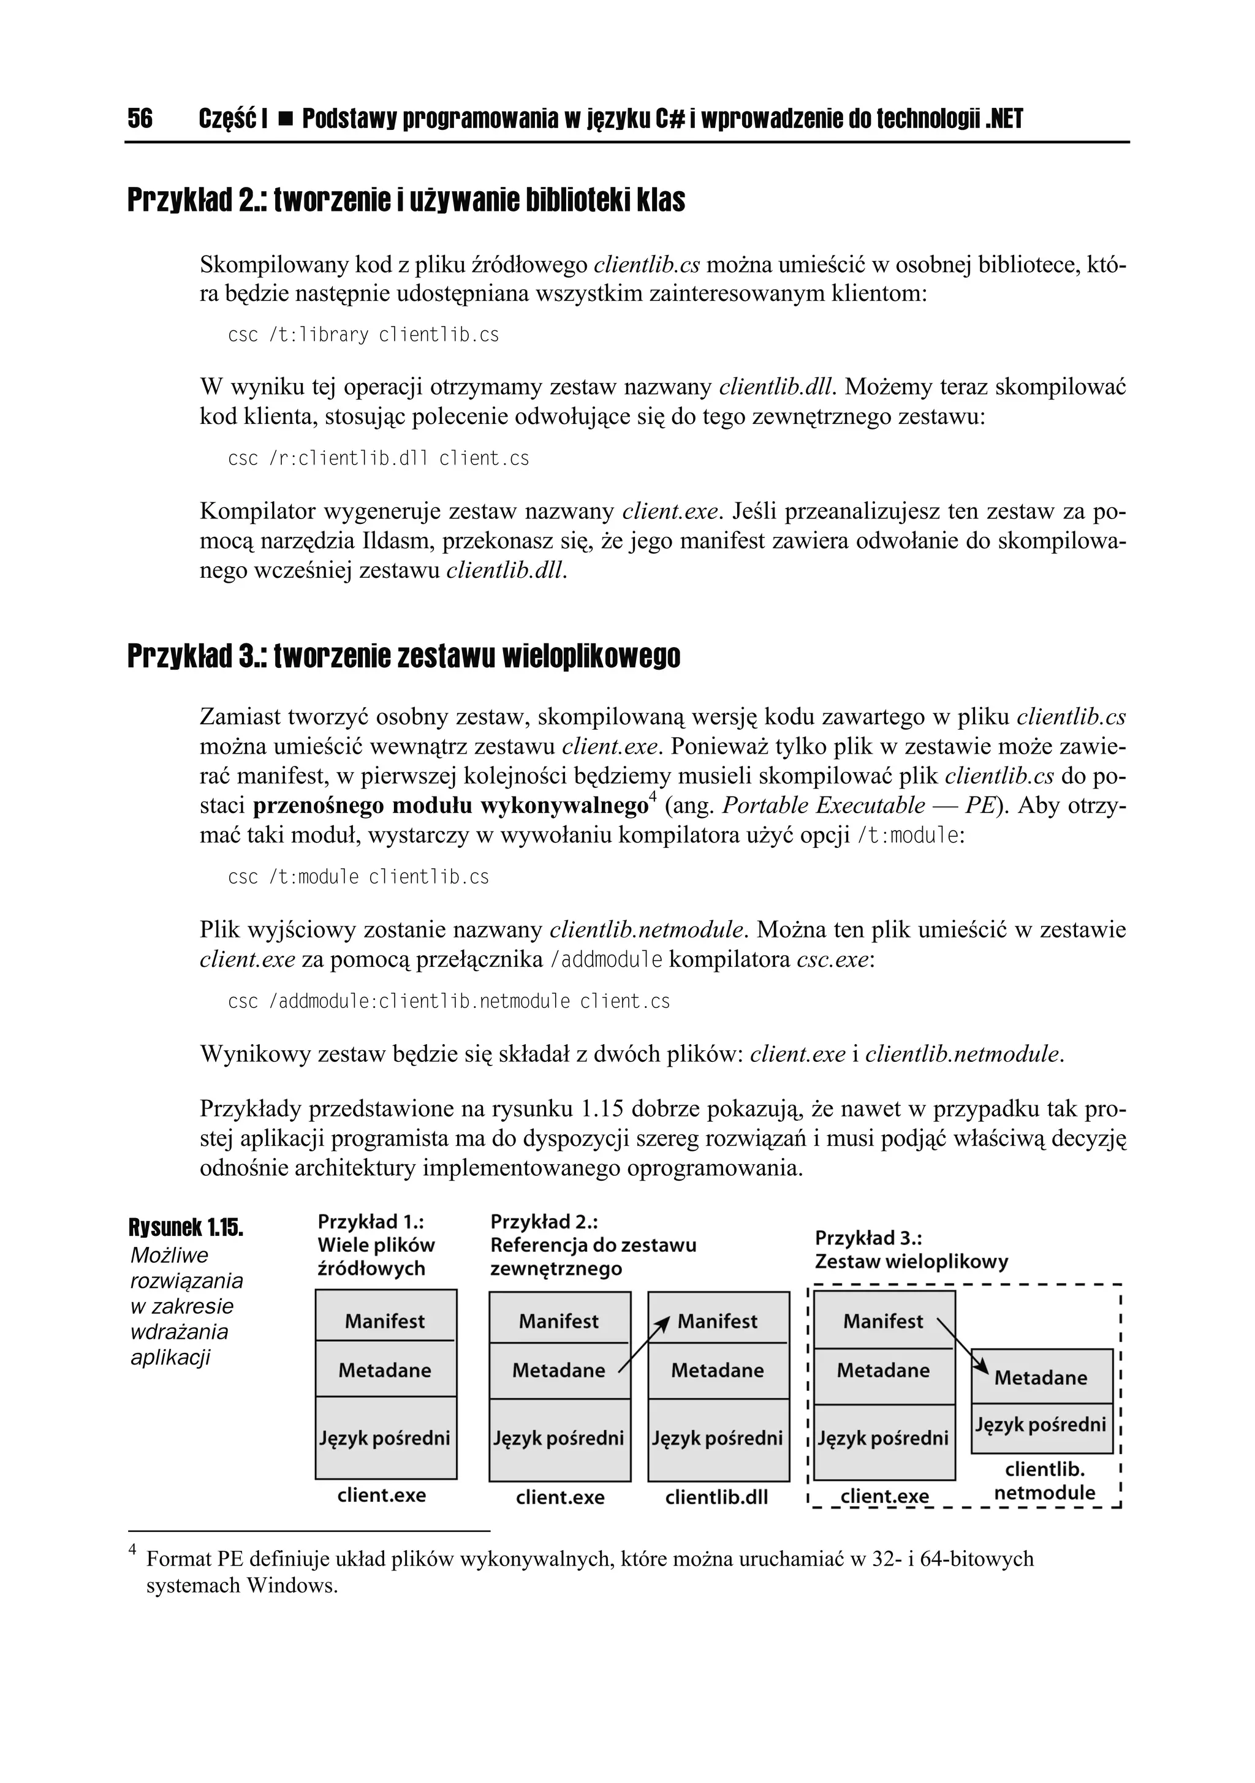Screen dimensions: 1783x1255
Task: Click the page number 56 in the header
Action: pyautogui.click(x=140, y=119)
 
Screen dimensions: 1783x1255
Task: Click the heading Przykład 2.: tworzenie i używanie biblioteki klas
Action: pyautogui.click(x=406, y=200)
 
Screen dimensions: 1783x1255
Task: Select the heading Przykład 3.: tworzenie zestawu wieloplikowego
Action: pyautogui.click(x=403, y=656)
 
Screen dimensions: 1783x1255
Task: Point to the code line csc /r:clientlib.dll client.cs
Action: pyautogui.click(x=378, y=458)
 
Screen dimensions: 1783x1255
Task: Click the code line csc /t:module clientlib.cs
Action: pyautogui.click(x=358, y=877)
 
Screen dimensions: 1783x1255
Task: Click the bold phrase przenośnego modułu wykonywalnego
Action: pyautogui.click(x=450, y=805)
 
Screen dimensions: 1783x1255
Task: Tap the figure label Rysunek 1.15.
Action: pyautogui.click(x=186, y=1228)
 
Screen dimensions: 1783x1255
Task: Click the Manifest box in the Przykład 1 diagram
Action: pyautogui.click(x=385, y=1321)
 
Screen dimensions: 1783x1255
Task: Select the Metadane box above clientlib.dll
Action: pyautogui.click(x=718, y=1370)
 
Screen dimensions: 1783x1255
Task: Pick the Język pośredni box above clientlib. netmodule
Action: pyautogui.click(x=1041, y=1424)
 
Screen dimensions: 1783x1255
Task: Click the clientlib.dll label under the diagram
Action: pyautogui.click(x=716, y=1497)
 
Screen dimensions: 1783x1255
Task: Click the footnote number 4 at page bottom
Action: pyautogui.click(x=132, y=1551)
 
